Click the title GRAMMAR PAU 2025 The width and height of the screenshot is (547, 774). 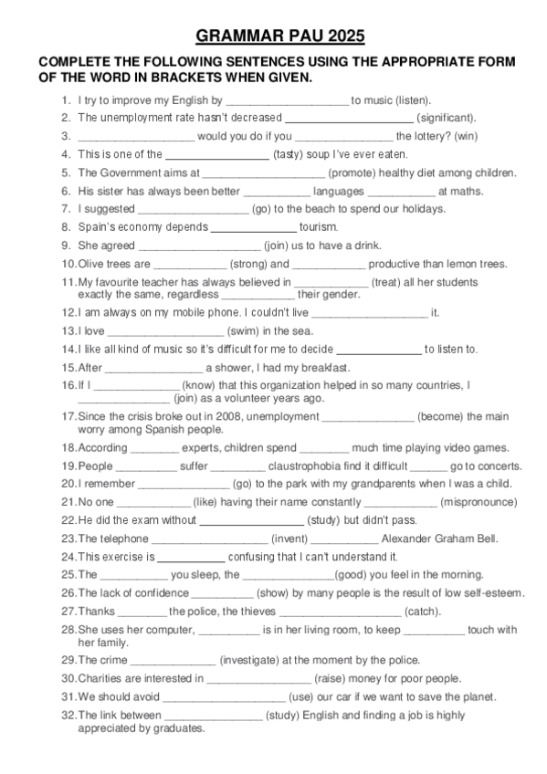click(280, 37)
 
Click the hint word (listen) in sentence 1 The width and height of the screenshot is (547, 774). click(412, 99)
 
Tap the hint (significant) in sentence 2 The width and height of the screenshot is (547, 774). click(446, 118)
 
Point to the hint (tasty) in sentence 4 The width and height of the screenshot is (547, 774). click(289, 154)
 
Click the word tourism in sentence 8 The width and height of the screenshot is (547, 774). click(319, 226)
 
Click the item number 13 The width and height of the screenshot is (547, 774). click(68, 330)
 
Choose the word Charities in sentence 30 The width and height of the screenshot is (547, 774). click(103, 678)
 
